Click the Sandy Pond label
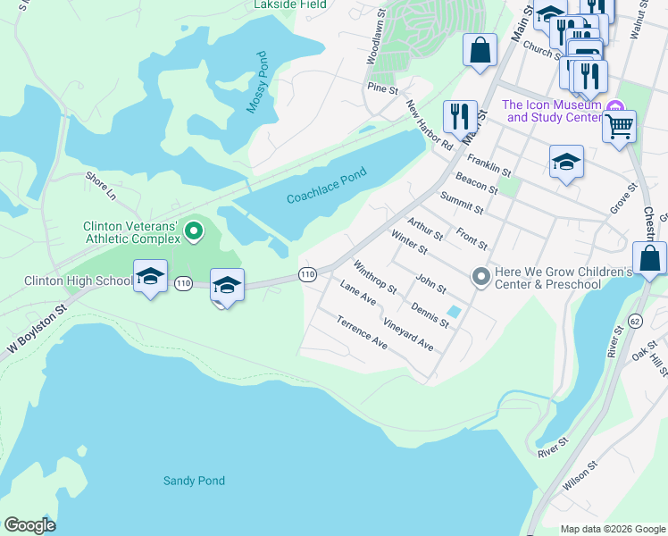(x=194, y=481)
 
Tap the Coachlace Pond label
(x=327, y=185)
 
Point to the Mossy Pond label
(x=257, y=82)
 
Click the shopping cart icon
(x=619, y=126)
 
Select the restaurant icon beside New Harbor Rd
(x=460, y=116)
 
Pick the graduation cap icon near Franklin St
(x=566, y=163)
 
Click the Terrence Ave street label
(x=362, y=331)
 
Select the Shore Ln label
(x=101, y=186)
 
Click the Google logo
(x=29, y=525)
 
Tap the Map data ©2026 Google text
(x=612, y=529)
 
